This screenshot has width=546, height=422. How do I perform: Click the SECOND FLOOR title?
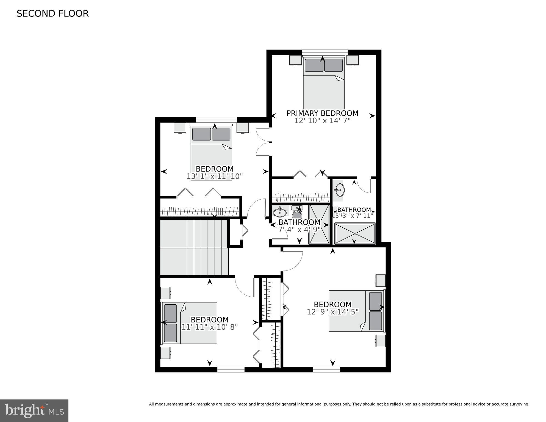(52, 13)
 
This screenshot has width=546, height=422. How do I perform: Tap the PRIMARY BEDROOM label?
(322, 113)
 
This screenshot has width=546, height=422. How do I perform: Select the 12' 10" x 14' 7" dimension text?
(322, 121)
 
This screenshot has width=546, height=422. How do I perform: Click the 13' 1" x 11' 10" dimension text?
(215, 176)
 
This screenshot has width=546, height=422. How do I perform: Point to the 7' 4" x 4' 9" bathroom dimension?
(299, 230)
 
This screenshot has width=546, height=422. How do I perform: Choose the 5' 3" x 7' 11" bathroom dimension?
(354, 216)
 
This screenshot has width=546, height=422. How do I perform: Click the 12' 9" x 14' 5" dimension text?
(333, 312)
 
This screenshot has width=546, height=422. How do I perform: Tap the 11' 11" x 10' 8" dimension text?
(210, 327)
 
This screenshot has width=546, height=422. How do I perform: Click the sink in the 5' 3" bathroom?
(340, 190)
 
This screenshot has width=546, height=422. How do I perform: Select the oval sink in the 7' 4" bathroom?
(280, 212)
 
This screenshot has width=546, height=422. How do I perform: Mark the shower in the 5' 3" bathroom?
(355, 233)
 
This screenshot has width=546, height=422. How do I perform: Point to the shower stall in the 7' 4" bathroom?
(319, 224)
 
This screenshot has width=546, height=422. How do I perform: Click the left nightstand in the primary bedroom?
(295, 60)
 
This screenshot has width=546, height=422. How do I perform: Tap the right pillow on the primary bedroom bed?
(333, 65)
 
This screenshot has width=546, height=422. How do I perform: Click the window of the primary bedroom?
(325, 52)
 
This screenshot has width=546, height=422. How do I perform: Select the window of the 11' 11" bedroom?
(231, 369)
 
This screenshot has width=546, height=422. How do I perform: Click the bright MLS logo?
(34, 411)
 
